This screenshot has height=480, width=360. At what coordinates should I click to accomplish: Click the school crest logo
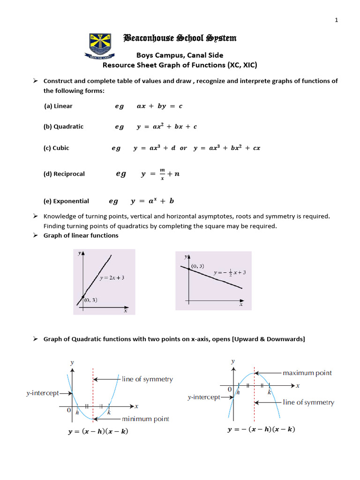(x=97, y=46)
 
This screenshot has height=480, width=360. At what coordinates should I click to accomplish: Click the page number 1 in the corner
(x=336, y=20)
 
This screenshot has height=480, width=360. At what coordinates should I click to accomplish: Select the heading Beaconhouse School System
(x=180, y=38)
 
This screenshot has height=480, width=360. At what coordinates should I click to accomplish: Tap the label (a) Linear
(x=58, y=106)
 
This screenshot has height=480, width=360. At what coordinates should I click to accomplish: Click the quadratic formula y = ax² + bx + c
(x=167, y=127)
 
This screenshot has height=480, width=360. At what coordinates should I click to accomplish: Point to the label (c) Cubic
(x=56, y=148)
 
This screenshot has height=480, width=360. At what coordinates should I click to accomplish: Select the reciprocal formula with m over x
(x=160, y=174)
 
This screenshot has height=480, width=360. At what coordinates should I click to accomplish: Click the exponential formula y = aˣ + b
(x=152, y=201)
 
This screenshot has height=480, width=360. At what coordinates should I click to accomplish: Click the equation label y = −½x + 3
(x=230, y=272)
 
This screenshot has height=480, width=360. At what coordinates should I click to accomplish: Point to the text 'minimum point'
(x=145, y=419)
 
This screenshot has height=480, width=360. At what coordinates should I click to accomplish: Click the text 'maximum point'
(x=307, y=373)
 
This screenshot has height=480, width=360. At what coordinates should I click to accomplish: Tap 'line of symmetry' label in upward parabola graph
(x=147, y=379)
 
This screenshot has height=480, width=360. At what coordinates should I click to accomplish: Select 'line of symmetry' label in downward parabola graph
(x=308, y=403)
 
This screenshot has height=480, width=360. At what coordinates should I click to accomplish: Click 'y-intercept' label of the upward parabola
(x=42, y=393)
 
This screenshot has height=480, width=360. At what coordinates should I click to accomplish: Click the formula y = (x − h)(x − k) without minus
(x=98, y=432)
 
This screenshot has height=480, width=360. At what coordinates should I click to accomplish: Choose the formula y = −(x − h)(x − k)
(x=261, y=429)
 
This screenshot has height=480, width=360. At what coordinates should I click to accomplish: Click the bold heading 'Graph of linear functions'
(x=81, y=235)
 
